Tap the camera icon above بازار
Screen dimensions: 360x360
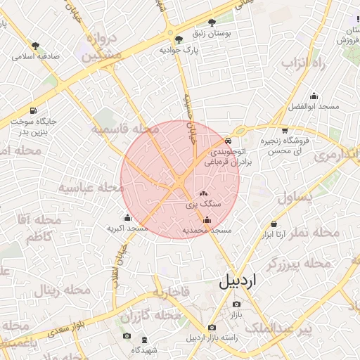[x=236, y=304]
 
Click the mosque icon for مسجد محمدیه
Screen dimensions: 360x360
[x=206, y=219]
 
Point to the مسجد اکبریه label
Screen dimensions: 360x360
[x=127, y=228]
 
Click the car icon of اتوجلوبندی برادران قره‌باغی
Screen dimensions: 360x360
[x=227, y=141]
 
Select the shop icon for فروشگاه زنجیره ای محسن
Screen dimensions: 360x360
[x=284, y=130]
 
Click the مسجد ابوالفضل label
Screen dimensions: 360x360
[x=314, y=107]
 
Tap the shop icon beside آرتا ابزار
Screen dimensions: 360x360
[x=274, y=224]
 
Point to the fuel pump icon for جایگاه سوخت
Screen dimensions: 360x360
[x=34, y=110]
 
